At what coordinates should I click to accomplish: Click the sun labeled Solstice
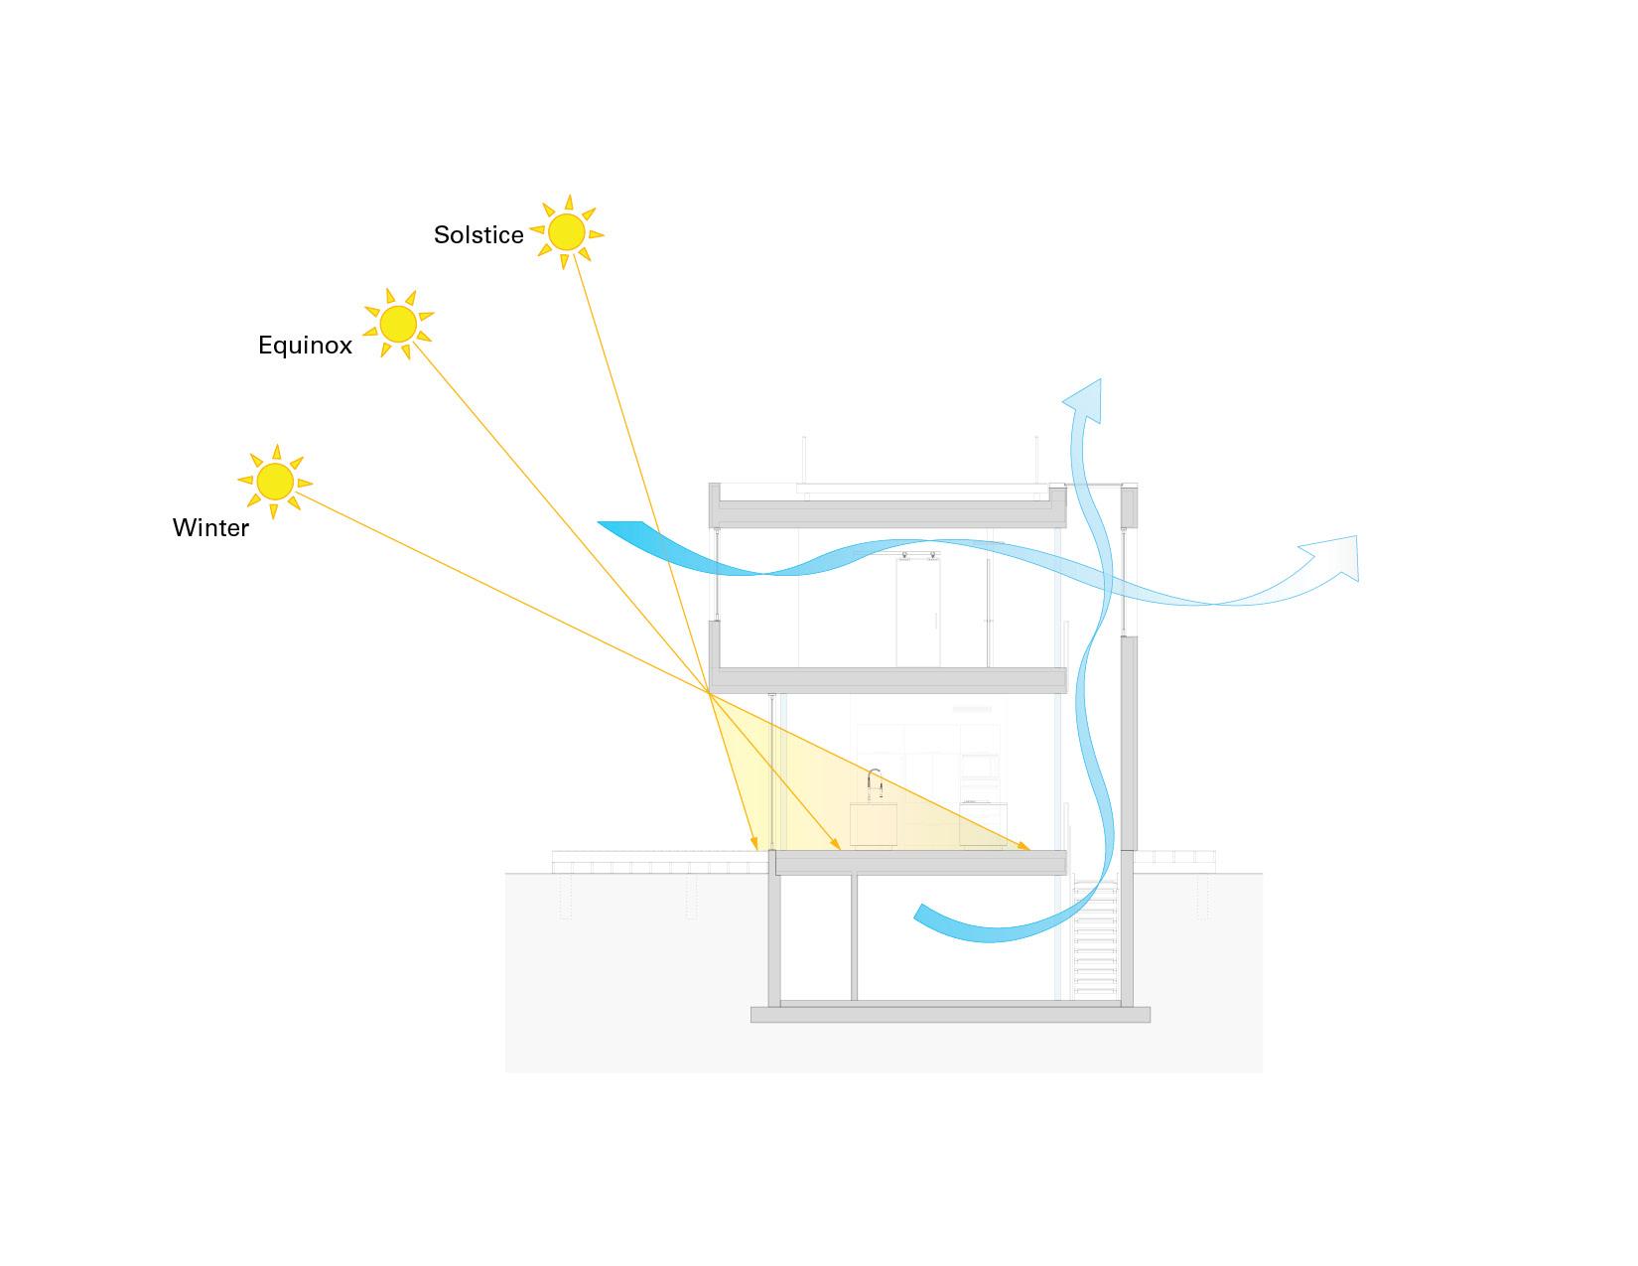tap(566, 231)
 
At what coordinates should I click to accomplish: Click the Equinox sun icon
tap(398, 325)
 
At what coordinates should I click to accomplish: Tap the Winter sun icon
tap(274, 481)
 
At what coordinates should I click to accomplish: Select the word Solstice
tap(478, 235)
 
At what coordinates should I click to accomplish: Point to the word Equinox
tap(305, 346)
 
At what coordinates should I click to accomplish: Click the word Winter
tap(210, 528)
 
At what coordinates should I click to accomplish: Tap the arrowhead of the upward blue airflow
tap(1085, 399)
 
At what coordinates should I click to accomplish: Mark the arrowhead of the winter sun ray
tap(1024, 846)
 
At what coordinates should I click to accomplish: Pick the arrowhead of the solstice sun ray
tap(753, 844)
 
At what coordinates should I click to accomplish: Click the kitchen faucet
tap(874, 785)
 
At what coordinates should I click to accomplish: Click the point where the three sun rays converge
tap(709, 692)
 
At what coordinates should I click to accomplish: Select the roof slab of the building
tap(887, 512)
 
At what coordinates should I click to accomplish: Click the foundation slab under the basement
tap(950, 1014)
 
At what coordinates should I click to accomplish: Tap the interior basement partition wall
tap(854, 937)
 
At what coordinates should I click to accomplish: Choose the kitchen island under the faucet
tap(874, 826)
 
